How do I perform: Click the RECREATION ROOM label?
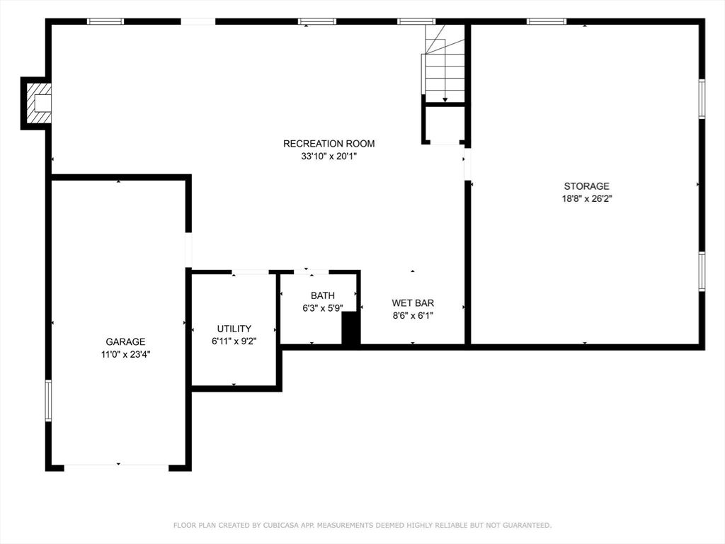pos(329,143)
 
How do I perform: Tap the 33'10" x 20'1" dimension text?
pos(329,157)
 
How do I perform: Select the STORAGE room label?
pos(586,186)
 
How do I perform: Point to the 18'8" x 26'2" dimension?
pos(586,199)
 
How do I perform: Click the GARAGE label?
pos(125,341)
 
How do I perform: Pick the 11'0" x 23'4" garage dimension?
pos(125,354)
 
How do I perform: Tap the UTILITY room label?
pos(234,329)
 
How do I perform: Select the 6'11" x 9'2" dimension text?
pos(234,341)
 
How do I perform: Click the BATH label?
pos(322,295)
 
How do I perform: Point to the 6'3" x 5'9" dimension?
pos(322,308)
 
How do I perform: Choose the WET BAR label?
pos(413,303)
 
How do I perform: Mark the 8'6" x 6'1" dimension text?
pos(413,316)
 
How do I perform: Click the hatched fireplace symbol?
pos(38,103)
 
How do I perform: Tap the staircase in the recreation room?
pos(443,63)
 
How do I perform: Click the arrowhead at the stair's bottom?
pos(445,99)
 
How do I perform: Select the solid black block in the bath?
pos(350,328)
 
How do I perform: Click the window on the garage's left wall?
pos(48,401)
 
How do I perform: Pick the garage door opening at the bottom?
pos(116,467)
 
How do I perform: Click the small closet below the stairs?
pos(445,125)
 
